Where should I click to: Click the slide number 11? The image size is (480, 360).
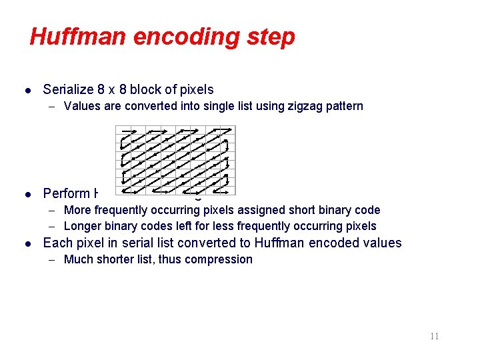[434, 337]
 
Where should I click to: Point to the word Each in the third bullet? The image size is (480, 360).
[56, 243]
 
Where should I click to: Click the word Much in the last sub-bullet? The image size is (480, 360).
[77, 259]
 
